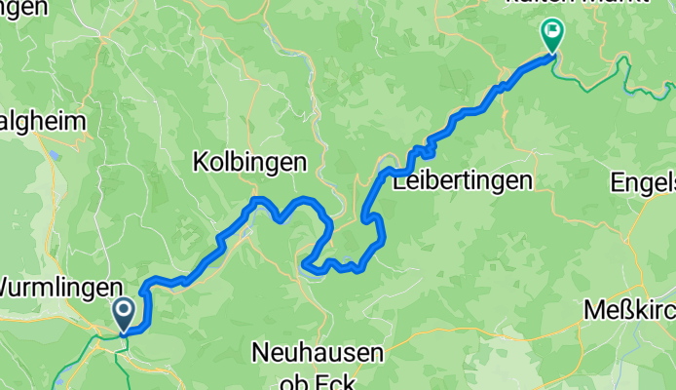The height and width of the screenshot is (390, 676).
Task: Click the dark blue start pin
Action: pos(125,314)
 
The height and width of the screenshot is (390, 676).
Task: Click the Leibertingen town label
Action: pos(462,180)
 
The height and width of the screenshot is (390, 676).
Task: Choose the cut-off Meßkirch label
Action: pos(629,310)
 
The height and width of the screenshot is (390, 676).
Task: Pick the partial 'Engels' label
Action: pos(643,181)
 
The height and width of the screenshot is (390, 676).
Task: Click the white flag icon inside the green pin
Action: pos(551,30)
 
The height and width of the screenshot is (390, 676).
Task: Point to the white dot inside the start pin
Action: pos(125,309)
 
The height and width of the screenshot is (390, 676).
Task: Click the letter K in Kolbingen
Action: pos(200,162)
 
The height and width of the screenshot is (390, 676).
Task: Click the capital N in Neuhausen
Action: pos(258,350)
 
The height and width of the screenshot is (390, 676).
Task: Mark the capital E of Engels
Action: pos(617,181)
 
